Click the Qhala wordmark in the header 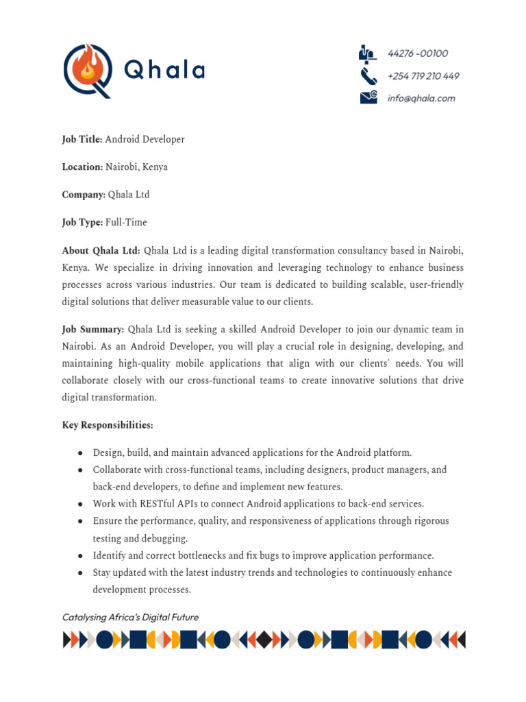point(164,70)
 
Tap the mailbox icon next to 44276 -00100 point(368,53)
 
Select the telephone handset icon point(368,75)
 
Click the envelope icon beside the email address point(368,97)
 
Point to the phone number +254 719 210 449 point(423,76)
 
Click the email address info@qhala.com point(421,98)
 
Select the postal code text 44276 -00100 point(418,53)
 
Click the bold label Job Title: point(82,139)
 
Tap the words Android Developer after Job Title point(145,139)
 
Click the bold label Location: point(82,167)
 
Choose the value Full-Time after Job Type point(126,222)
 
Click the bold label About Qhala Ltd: point(101,250)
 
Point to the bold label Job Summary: point(93,329)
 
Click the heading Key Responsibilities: point(108,425)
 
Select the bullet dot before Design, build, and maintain point(81,453)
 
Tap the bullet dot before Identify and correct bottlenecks point(81,556)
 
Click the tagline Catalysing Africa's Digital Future point(130,617)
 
